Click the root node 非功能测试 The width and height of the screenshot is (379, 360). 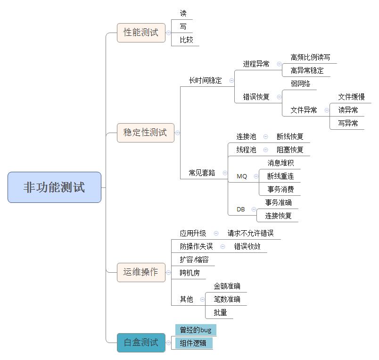click(54, 187)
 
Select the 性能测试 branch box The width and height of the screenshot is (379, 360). click(141, 33)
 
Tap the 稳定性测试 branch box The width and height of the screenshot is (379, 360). click(145, 133)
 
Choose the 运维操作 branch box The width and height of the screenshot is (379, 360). click(141, 272)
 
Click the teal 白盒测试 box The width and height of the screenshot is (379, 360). click(141, 343)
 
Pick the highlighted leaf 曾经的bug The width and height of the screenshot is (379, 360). click(196, 330)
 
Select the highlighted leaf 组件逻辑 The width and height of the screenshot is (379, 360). click(194, 343)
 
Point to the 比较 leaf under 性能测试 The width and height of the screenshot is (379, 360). click(186, 40)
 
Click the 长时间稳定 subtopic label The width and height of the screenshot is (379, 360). click(205, 80)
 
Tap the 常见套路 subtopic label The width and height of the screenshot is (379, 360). click(202, 173)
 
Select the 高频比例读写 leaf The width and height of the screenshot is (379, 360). click(310, 58)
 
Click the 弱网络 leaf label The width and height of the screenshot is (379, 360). click(300, 84)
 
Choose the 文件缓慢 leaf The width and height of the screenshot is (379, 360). click(351, 97)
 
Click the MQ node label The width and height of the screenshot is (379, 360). click(242, 176)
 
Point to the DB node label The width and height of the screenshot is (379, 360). click(241, 209)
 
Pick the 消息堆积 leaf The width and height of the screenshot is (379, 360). click(280, 163)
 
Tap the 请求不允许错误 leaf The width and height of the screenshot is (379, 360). click(250, 233)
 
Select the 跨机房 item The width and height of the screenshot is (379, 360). click(189, 273)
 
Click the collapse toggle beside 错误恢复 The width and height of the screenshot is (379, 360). click(279, 97)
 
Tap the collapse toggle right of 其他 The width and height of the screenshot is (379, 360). click(202, 299)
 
